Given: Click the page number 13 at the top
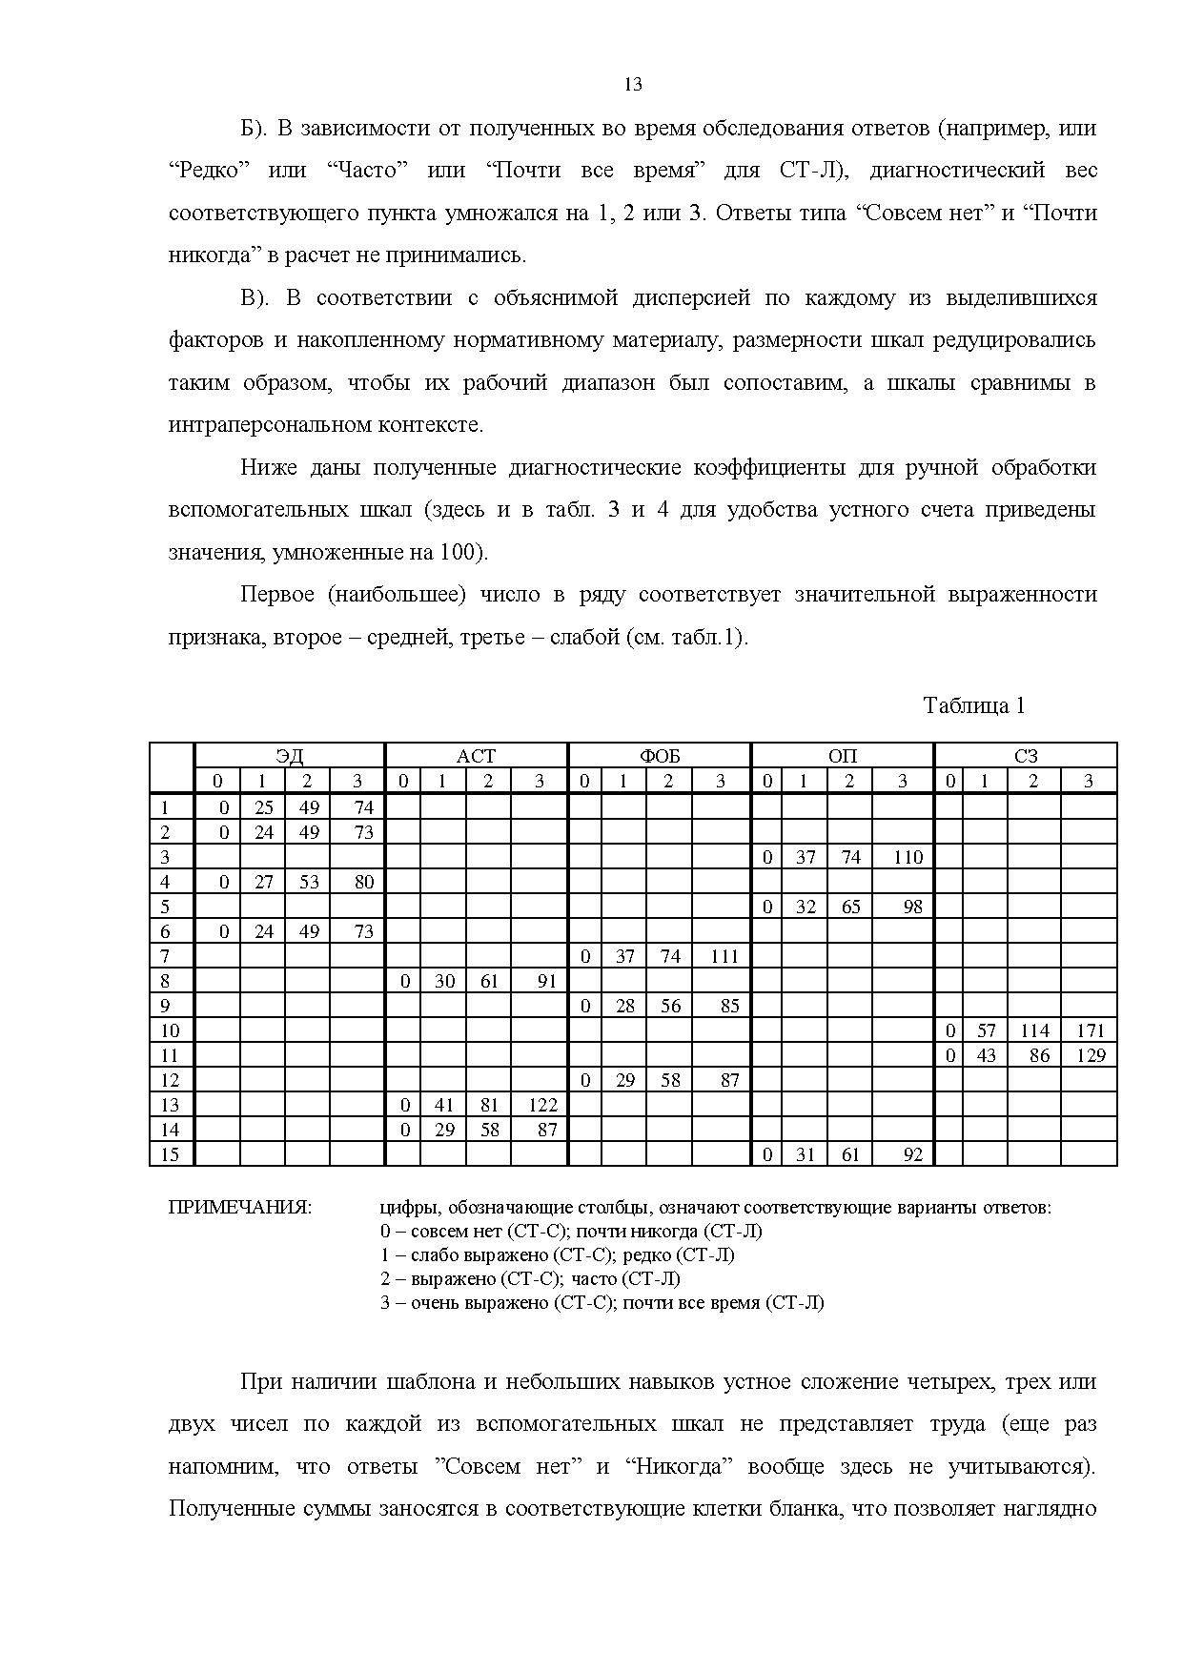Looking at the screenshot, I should point(633,85).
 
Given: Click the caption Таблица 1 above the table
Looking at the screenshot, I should point(973,705).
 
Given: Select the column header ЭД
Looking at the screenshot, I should point(290,756).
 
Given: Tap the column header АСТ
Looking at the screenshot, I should point(476,756).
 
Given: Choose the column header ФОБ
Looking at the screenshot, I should point(660,756).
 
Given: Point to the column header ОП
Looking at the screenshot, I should point(843,756).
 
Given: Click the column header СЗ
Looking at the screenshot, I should point(1025,756).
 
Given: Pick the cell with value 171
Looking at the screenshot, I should point(1090,1030).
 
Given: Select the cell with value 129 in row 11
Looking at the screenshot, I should point(1090,1055).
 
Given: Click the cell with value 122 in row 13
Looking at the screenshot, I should point(541,1105).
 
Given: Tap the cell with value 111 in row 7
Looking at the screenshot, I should point(724,956).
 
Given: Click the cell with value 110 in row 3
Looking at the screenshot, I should point(907,857).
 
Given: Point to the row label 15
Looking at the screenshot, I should point(171,1154).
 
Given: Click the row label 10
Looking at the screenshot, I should point(171,1030).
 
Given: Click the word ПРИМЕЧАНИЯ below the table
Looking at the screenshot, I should point(239,1208).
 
